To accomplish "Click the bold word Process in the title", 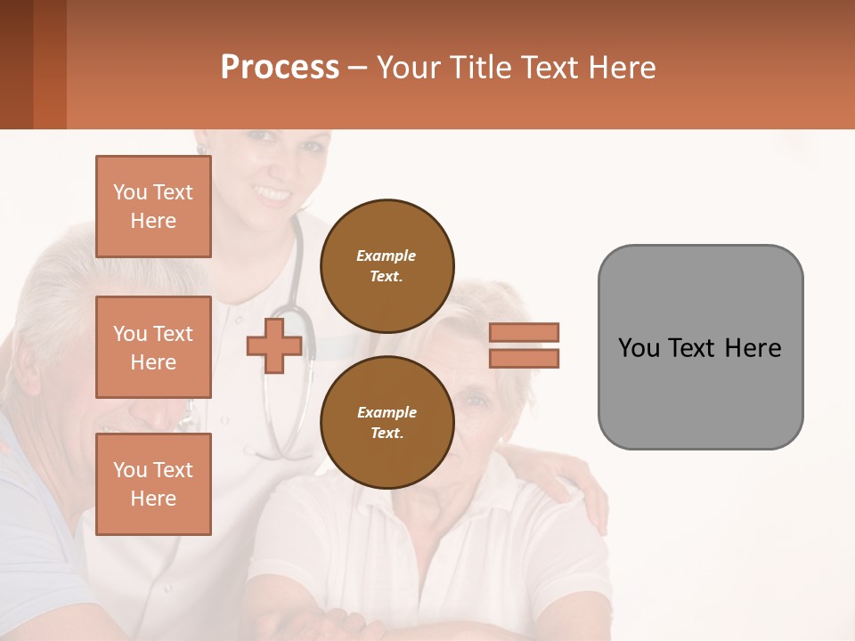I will (280, 67).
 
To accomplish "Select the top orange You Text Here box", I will (153, 207).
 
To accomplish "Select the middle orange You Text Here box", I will (153, 347).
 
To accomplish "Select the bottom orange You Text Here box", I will (153, 483).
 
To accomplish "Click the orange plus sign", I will (274, 345).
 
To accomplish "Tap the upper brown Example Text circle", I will (387, 265).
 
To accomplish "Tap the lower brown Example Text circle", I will (387, 422).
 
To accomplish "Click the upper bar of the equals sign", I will (525, 332).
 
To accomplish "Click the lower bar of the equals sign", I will (525, 358).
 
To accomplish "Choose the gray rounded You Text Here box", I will (700, 347).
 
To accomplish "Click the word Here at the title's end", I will (623, 68).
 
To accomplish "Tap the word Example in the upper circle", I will (387, 256).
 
